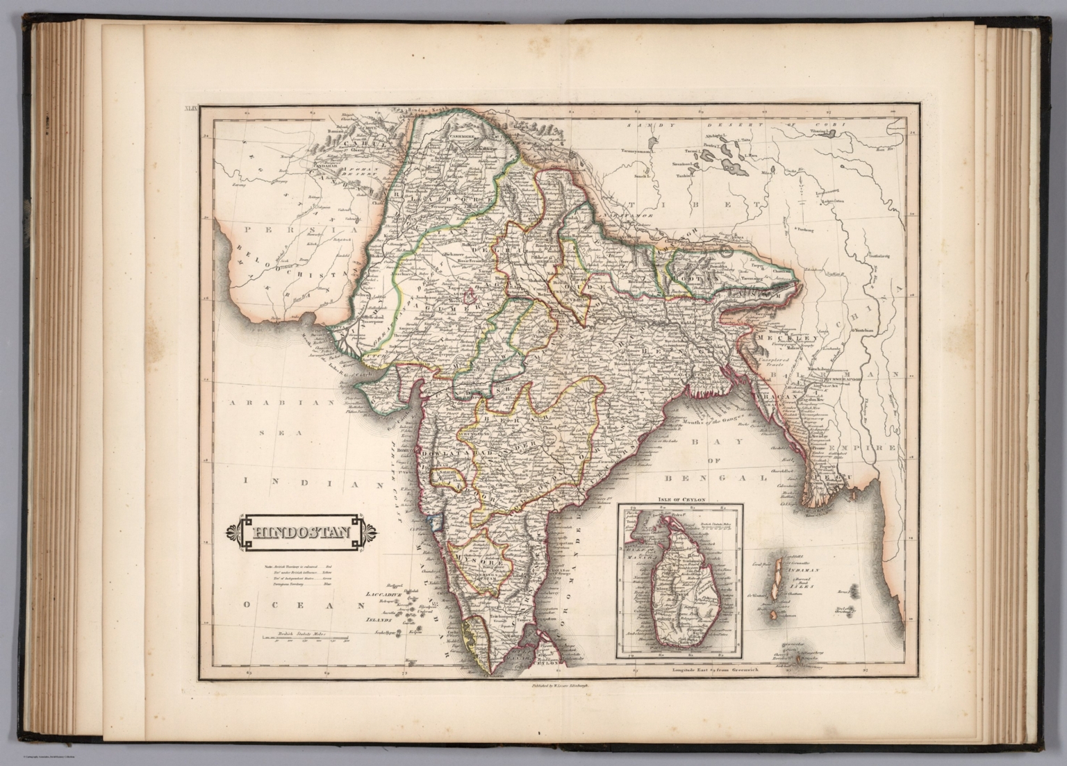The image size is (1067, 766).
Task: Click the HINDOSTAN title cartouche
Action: click(x=301, y=533)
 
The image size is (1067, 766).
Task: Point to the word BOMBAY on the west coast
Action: click(x=423, y=449)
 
